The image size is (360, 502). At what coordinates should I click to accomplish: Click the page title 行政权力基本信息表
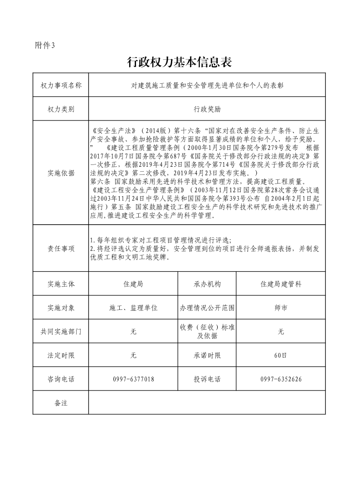click(180, 62)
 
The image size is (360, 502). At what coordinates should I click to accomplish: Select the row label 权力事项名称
click(61, 85)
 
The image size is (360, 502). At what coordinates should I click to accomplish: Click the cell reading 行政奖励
click(207, 109)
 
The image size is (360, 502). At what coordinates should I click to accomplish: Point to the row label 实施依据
click(61, 173)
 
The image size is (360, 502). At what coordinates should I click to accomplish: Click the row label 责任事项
click(61, 248)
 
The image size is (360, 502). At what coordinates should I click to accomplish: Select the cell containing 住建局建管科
click(281, 284)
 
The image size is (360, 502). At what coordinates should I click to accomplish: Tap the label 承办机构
click(207, 284)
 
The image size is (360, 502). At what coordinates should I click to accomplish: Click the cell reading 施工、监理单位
click(133, 308)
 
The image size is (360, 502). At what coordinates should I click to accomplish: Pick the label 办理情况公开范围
click(207, 308)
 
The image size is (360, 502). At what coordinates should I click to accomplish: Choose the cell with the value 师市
click(281, 308)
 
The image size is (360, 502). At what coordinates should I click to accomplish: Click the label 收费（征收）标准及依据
click(207, 332)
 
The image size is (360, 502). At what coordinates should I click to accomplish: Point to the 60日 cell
click(281, 356)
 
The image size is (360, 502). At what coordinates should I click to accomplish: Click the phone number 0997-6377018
click(133, 379)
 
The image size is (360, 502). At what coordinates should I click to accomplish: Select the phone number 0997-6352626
click(281, 379)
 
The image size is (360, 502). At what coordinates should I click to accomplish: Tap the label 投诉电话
click(207, 379)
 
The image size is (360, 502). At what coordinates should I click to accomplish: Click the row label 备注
click(61, 403)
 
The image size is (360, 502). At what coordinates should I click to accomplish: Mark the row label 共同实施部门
click(61, 332)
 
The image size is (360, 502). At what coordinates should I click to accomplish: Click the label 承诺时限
click(207, 356)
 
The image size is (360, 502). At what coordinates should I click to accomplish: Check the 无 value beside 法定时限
click(133, 356)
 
